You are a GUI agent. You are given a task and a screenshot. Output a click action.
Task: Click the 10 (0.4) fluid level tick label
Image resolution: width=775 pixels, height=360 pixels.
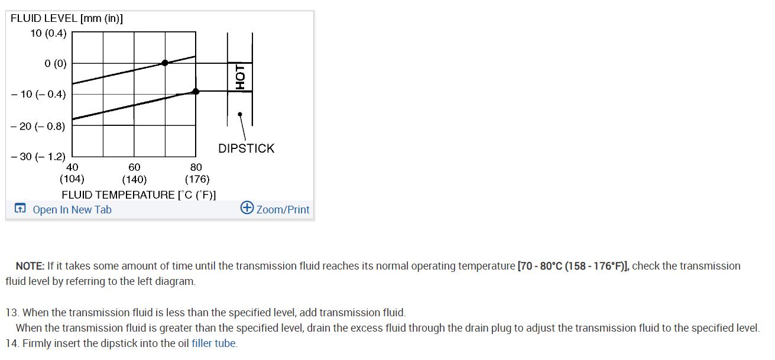click(x=48, y=33)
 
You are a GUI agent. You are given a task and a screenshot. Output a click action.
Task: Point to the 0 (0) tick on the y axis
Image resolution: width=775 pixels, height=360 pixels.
click(x=56, y=63)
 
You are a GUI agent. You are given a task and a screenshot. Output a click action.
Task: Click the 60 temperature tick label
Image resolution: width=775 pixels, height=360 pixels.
click(x=134, y=167)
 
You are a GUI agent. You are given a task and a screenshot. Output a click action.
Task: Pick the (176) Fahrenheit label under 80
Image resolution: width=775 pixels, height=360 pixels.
click(x=197, y=179)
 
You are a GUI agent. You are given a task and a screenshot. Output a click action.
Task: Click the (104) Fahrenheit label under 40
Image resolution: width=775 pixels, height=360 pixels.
click(x=72, y=179)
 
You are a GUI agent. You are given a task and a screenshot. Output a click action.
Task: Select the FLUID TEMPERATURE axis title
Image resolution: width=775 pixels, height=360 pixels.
click(x=138, y=194)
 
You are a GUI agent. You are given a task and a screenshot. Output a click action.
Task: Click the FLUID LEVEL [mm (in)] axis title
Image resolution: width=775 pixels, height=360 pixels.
click(x=67, y=18)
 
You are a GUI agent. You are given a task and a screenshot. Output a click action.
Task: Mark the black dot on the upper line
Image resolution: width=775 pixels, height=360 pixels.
click(x=165, y=63)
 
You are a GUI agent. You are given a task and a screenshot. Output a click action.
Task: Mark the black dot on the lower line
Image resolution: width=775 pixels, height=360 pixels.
click(x=196, y=91)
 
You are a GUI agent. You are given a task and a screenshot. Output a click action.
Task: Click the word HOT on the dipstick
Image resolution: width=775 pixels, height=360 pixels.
click(x=239, y=77)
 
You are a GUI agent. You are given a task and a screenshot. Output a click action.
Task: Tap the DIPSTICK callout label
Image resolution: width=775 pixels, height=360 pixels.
click(x=247, y=148)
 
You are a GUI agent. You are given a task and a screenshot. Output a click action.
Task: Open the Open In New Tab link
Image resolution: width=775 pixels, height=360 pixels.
click(x=72, y=209)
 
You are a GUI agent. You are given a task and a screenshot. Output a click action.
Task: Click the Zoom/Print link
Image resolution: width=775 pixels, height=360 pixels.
click(x=283, y=209)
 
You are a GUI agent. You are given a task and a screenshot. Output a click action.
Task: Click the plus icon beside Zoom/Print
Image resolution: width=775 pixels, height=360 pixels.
click(x=247, y=208)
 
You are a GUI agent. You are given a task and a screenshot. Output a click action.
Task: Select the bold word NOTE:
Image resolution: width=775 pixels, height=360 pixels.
click(x=30, y=266)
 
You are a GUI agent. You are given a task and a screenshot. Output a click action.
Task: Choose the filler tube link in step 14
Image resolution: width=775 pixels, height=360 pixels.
click(x=214, y=343)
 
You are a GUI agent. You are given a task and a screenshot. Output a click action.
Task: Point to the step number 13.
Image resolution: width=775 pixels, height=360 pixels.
click(x=11, y=313)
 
